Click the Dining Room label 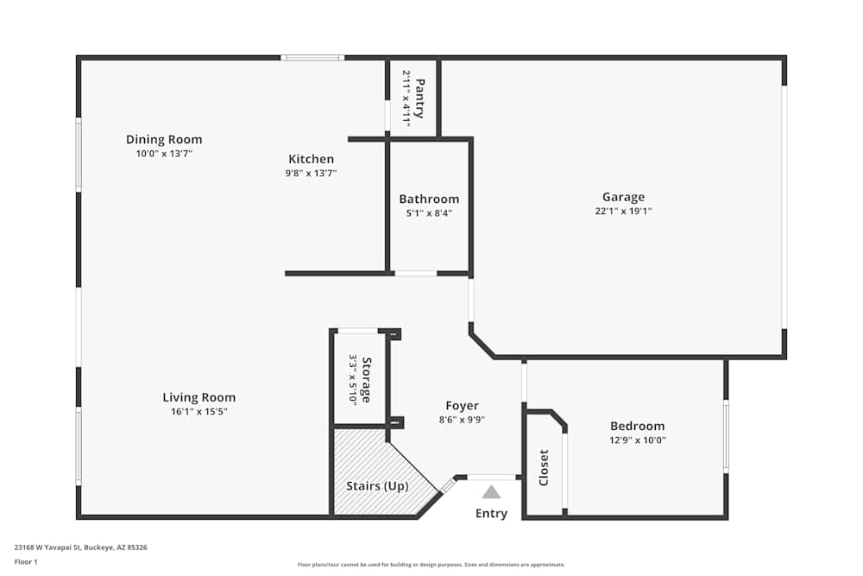coord(164,139)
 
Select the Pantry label coord(420,98)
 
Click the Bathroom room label coord(429,199)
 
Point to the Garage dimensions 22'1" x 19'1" coord(623,211)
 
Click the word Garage coord(623,197)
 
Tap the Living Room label coord(198,397)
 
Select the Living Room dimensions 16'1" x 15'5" coord(198,412)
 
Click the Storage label coord(367,380)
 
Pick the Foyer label coord(462,406)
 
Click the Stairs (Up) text coord(377,486)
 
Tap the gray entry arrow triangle coord(491,492)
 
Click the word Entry coord(491,514)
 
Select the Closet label coord(544,467)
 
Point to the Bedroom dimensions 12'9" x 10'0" coord(638,440)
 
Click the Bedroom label coord(638,426)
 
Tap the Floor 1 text coord(26,561)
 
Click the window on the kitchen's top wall coord(312,58)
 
